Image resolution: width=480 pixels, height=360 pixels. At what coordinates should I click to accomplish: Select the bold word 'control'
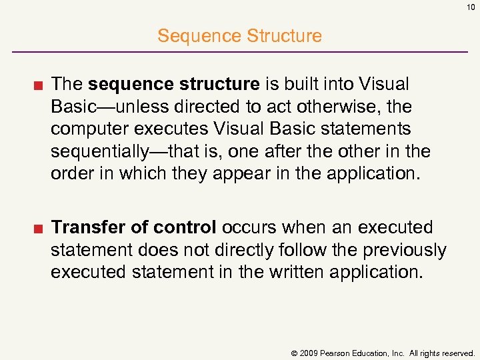point(185,227)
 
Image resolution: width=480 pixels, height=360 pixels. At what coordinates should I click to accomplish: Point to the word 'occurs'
point(249,227)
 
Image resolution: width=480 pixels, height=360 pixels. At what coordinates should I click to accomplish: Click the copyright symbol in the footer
point(293,352)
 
